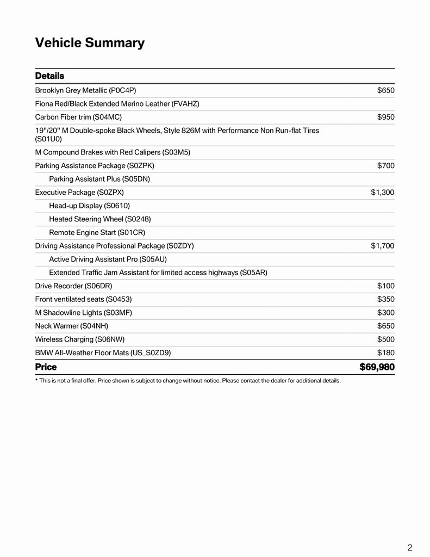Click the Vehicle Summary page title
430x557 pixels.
point(90,43)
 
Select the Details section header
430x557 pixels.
point(49,76)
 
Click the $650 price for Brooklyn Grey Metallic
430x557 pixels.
point(385,90)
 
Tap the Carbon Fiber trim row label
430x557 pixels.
point(78,117)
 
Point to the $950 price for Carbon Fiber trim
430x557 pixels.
point(385,117)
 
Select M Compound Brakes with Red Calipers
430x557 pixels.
point(113,152)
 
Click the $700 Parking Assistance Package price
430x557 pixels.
point(385,165)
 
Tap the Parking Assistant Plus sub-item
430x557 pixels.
point(99,179)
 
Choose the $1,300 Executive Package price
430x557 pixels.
point(383,192)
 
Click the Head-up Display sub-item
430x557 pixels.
point(89,206)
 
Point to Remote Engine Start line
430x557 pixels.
point(97,232)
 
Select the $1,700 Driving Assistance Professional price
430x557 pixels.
point(383,246)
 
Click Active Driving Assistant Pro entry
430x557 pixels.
point(108,259)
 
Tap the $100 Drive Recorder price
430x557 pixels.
point(385,286)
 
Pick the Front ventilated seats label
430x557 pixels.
point(83,299)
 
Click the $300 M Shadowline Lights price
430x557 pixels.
point(385,312)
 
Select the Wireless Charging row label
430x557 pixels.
point(80,339)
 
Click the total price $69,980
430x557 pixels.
point(377,367)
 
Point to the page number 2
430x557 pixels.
point(410,548)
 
